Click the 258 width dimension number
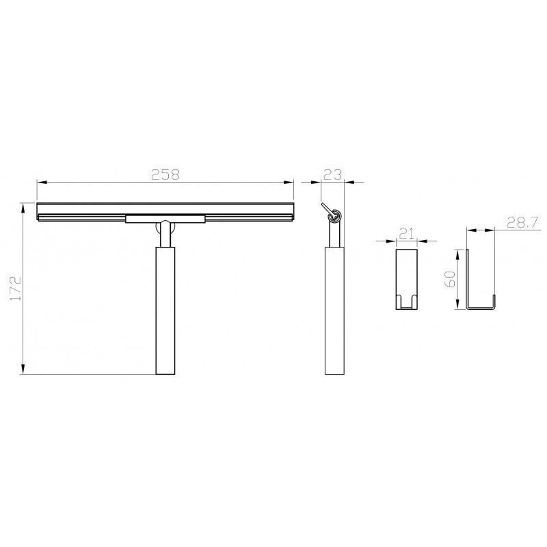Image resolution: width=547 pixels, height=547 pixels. (165, 174)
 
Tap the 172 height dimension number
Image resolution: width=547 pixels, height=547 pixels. (16, 289)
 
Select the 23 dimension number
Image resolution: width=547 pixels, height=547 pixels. (332, 174)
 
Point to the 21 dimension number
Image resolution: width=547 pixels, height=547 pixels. (407, 233)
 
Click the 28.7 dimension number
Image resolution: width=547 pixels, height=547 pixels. (523, 223)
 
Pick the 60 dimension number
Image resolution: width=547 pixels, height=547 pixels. (450, 279)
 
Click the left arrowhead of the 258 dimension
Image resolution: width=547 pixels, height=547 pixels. (42, 182)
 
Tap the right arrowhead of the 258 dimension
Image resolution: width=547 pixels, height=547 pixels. (289, 182)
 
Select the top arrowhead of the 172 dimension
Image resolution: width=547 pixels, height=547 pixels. (23, 208)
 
